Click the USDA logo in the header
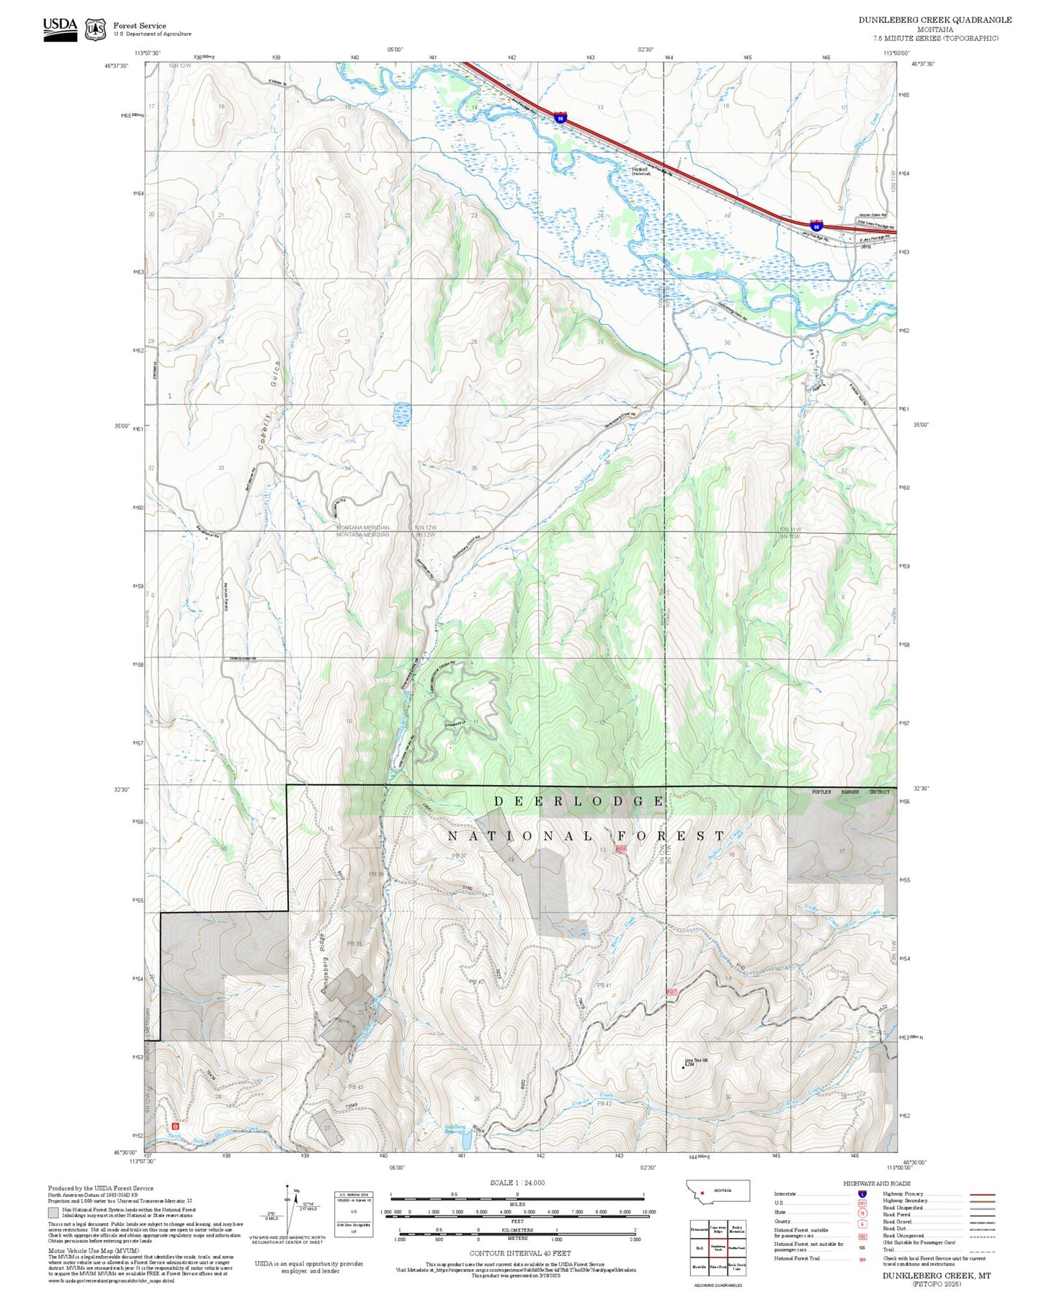click(60, 27)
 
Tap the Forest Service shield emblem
click(95, 30)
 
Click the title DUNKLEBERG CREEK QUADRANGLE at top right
click(934, 20)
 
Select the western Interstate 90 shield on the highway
click(560, 116)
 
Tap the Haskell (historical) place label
click(641, 171)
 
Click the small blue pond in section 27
click(402, 413)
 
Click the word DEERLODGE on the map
click(578, 802)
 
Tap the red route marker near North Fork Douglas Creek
click(175, 1125)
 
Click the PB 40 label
click(476, 982)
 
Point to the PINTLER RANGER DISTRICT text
click(850, 791)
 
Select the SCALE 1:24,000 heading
click(517, 1183)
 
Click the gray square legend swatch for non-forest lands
click(53, 1213)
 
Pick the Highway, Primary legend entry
click(903, 1194)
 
